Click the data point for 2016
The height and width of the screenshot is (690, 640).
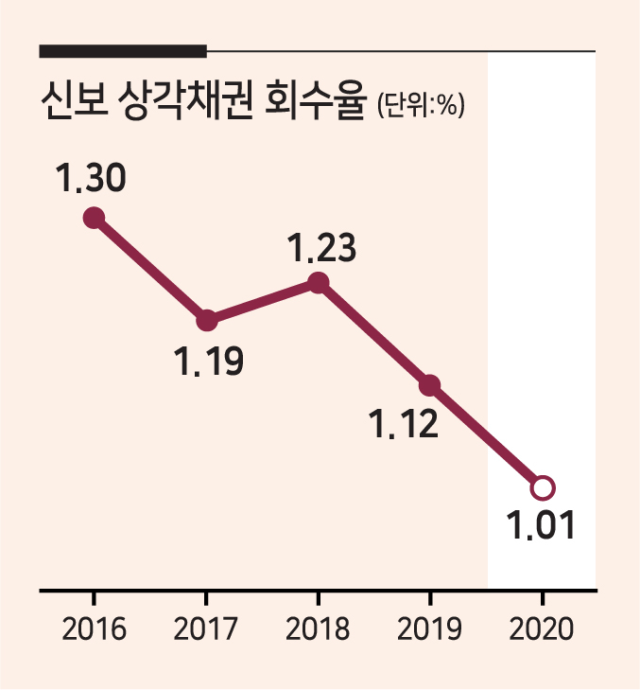click(x=95, y=218)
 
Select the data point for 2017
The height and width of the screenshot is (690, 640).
click(x=207, y=320)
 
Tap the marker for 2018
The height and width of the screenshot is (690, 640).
click(x=319, y=282)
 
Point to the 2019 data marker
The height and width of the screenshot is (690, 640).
click(x=430, y=385)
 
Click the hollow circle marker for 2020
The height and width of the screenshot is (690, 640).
click(x=543, y=488)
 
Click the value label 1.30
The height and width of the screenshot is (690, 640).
click(x=91, y=178)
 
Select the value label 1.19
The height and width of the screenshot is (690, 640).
click(x=209, y=361)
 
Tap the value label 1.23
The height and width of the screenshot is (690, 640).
click(x=321, y=248)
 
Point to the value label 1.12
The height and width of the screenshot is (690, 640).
click(x=405, y=423)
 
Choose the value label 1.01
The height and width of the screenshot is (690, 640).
click(x=541, y=525)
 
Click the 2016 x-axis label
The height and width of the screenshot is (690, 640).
click(x=95, y=628)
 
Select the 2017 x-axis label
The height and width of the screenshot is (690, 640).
click(x=206, y=628)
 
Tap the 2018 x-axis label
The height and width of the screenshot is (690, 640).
click(x=318, y=628)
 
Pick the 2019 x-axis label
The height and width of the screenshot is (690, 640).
click(x=429, y=628)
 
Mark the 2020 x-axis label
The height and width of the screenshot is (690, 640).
click(x=542, y=628)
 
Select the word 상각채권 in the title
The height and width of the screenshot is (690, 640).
click(x=186, y=100)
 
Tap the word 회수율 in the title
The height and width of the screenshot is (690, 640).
click(x=315, y=100)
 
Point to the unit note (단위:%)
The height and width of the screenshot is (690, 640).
click(x=421, y=105)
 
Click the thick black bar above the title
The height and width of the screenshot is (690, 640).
click(x=123, y=51)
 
